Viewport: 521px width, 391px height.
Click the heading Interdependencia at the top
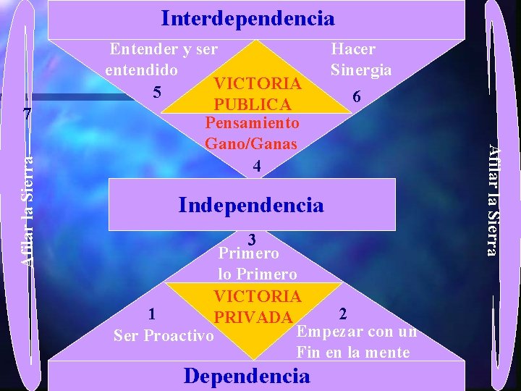coord(247,18)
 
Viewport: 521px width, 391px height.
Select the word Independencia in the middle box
coord(251,205)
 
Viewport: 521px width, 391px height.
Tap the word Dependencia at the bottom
coord(247,376)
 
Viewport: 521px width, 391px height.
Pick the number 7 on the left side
coord(27,114)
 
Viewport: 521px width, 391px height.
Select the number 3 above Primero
coord(251,239)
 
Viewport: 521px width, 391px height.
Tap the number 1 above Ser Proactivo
coord(151,314)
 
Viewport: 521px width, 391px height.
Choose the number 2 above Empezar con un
coord(343,313)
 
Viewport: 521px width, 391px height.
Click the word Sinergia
coord(361,70)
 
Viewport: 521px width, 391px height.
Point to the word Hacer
coord(353,49)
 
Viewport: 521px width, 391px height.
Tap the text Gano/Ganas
coord(251,143)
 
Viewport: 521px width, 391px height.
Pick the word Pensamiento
coord(253,123)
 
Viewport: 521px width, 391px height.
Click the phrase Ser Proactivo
coord(164,335)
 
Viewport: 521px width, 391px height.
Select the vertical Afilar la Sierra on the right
coord(492,199)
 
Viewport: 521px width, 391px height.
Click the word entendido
coord(141,71)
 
